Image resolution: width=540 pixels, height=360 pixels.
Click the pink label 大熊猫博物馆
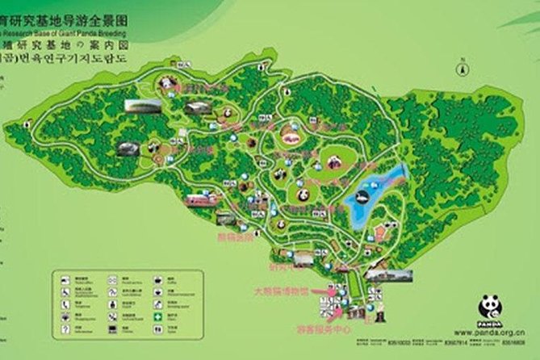pyautogui.click(x=281, y=291)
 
